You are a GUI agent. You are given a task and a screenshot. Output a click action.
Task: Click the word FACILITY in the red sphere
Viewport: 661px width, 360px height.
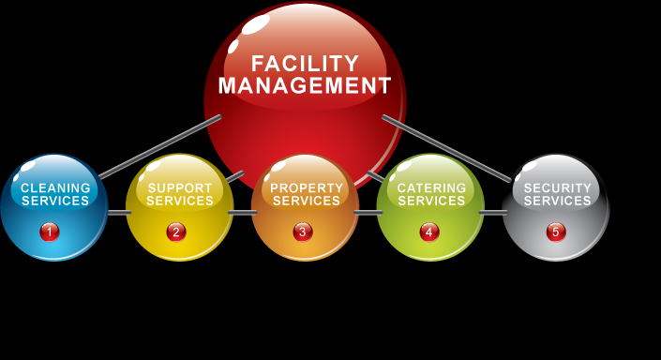[x=305, y=64]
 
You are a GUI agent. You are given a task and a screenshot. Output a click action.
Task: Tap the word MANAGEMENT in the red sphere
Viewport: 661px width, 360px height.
[x=305, y=85]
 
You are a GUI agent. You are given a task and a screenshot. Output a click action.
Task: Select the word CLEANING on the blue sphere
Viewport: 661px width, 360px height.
[x=55, y=187]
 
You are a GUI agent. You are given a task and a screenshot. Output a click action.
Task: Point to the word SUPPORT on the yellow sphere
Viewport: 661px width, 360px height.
[x=180, y=187]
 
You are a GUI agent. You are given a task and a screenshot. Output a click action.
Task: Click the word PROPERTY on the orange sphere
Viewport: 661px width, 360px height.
[x=307, y=187]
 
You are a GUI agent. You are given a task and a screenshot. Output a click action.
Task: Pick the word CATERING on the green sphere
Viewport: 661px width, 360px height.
[x=431, y=187]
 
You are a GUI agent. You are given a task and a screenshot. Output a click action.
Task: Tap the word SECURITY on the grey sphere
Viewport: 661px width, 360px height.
[x=557, y=187]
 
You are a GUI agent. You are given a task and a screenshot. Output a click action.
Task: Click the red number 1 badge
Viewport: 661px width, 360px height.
[x=50, y=232]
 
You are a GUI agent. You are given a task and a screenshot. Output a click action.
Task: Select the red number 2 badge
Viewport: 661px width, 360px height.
[x=176, y=232]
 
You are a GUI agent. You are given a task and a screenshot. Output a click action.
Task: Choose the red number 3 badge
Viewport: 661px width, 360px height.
[x=303, y=232]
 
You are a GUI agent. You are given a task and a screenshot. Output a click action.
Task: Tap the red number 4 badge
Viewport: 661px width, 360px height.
[x=429, y=232]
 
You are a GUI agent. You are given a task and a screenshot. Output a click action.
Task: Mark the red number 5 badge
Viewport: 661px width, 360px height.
[x=556, y=232]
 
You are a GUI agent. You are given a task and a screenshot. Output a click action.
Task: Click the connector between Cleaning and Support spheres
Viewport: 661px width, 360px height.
[x=119, y=213]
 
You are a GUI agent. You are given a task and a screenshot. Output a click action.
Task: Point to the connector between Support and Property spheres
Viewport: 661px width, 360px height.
[x=243, y=213]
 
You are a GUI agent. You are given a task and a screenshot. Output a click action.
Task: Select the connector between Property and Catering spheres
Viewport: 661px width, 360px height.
[x=368, y=213]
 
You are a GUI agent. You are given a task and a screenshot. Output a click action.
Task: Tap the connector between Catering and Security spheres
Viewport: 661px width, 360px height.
[x=493, y=213]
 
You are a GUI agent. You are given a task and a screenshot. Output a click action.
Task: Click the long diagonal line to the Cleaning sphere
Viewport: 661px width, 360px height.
[x=159, y=146]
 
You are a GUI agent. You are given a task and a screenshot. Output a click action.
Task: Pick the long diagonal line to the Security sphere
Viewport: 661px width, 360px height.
[x=446, y=148]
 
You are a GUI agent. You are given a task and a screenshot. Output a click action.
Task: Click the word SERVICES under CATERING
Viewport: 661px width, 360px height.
[x=431, y=201]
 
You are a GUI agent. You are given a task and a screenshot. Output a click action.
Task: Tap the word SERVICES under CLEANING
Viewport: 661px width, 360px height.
[x=55, y=201]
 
